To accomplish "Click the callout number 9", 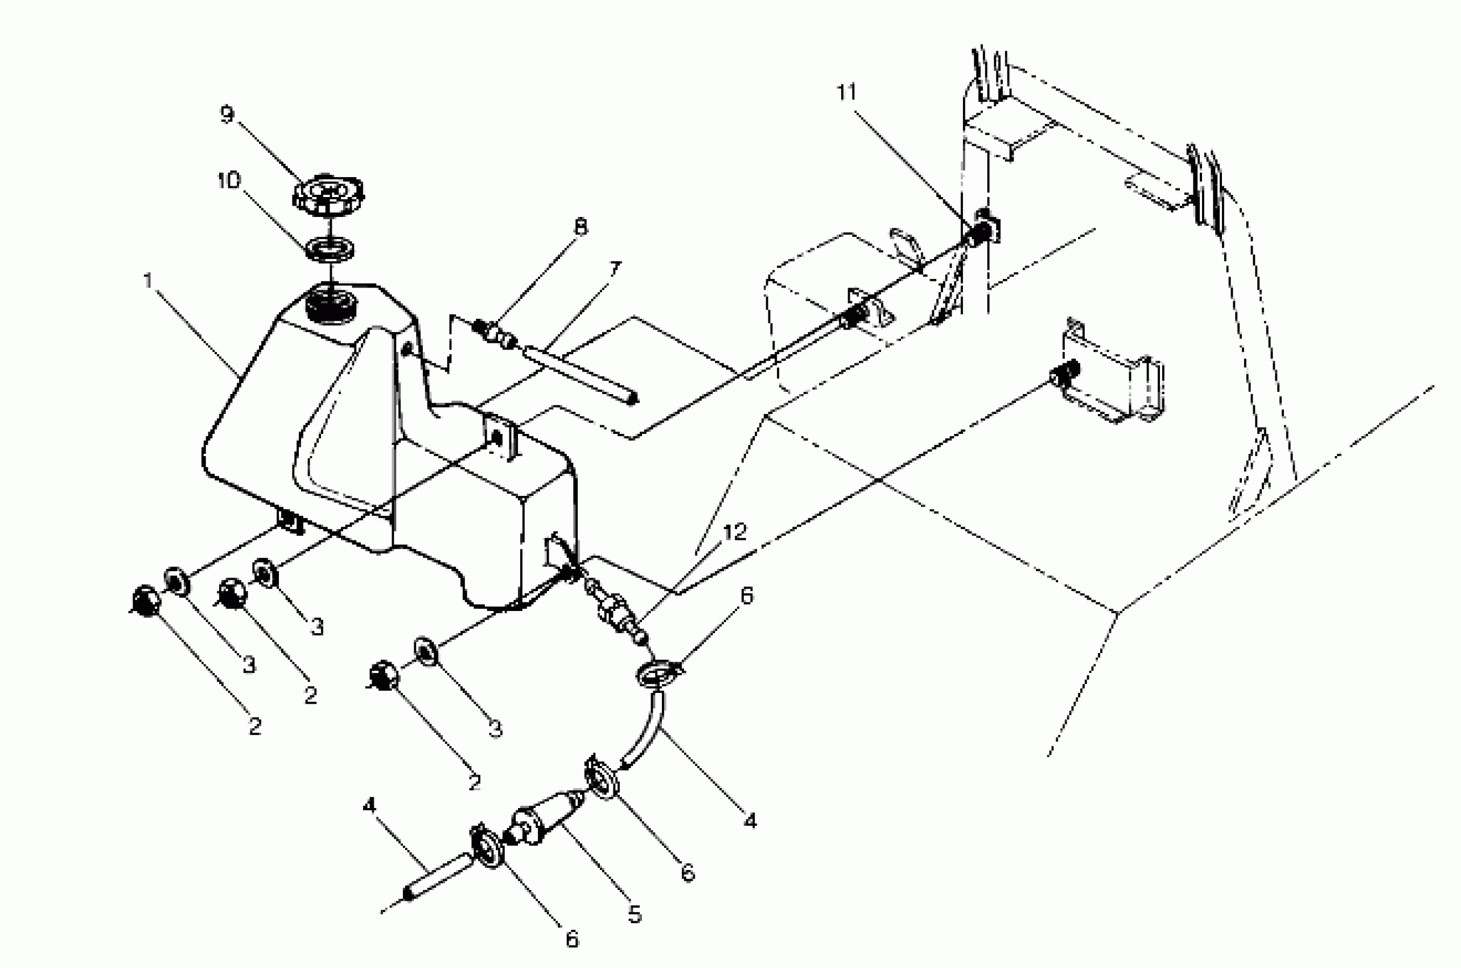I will click(x=228, y=115).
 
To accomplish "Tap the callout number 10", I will click(x=228, y=181).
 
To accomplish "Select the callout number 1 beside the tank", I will click(x=147, y=280).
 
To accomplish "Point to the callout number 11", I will click(x=846, y=93).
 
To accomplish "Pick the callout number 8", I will click(x=581, y=227).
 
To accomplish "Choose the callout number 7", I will click(x=615, y=270).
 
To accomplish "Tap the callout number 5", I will click(x=635, y=914).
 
